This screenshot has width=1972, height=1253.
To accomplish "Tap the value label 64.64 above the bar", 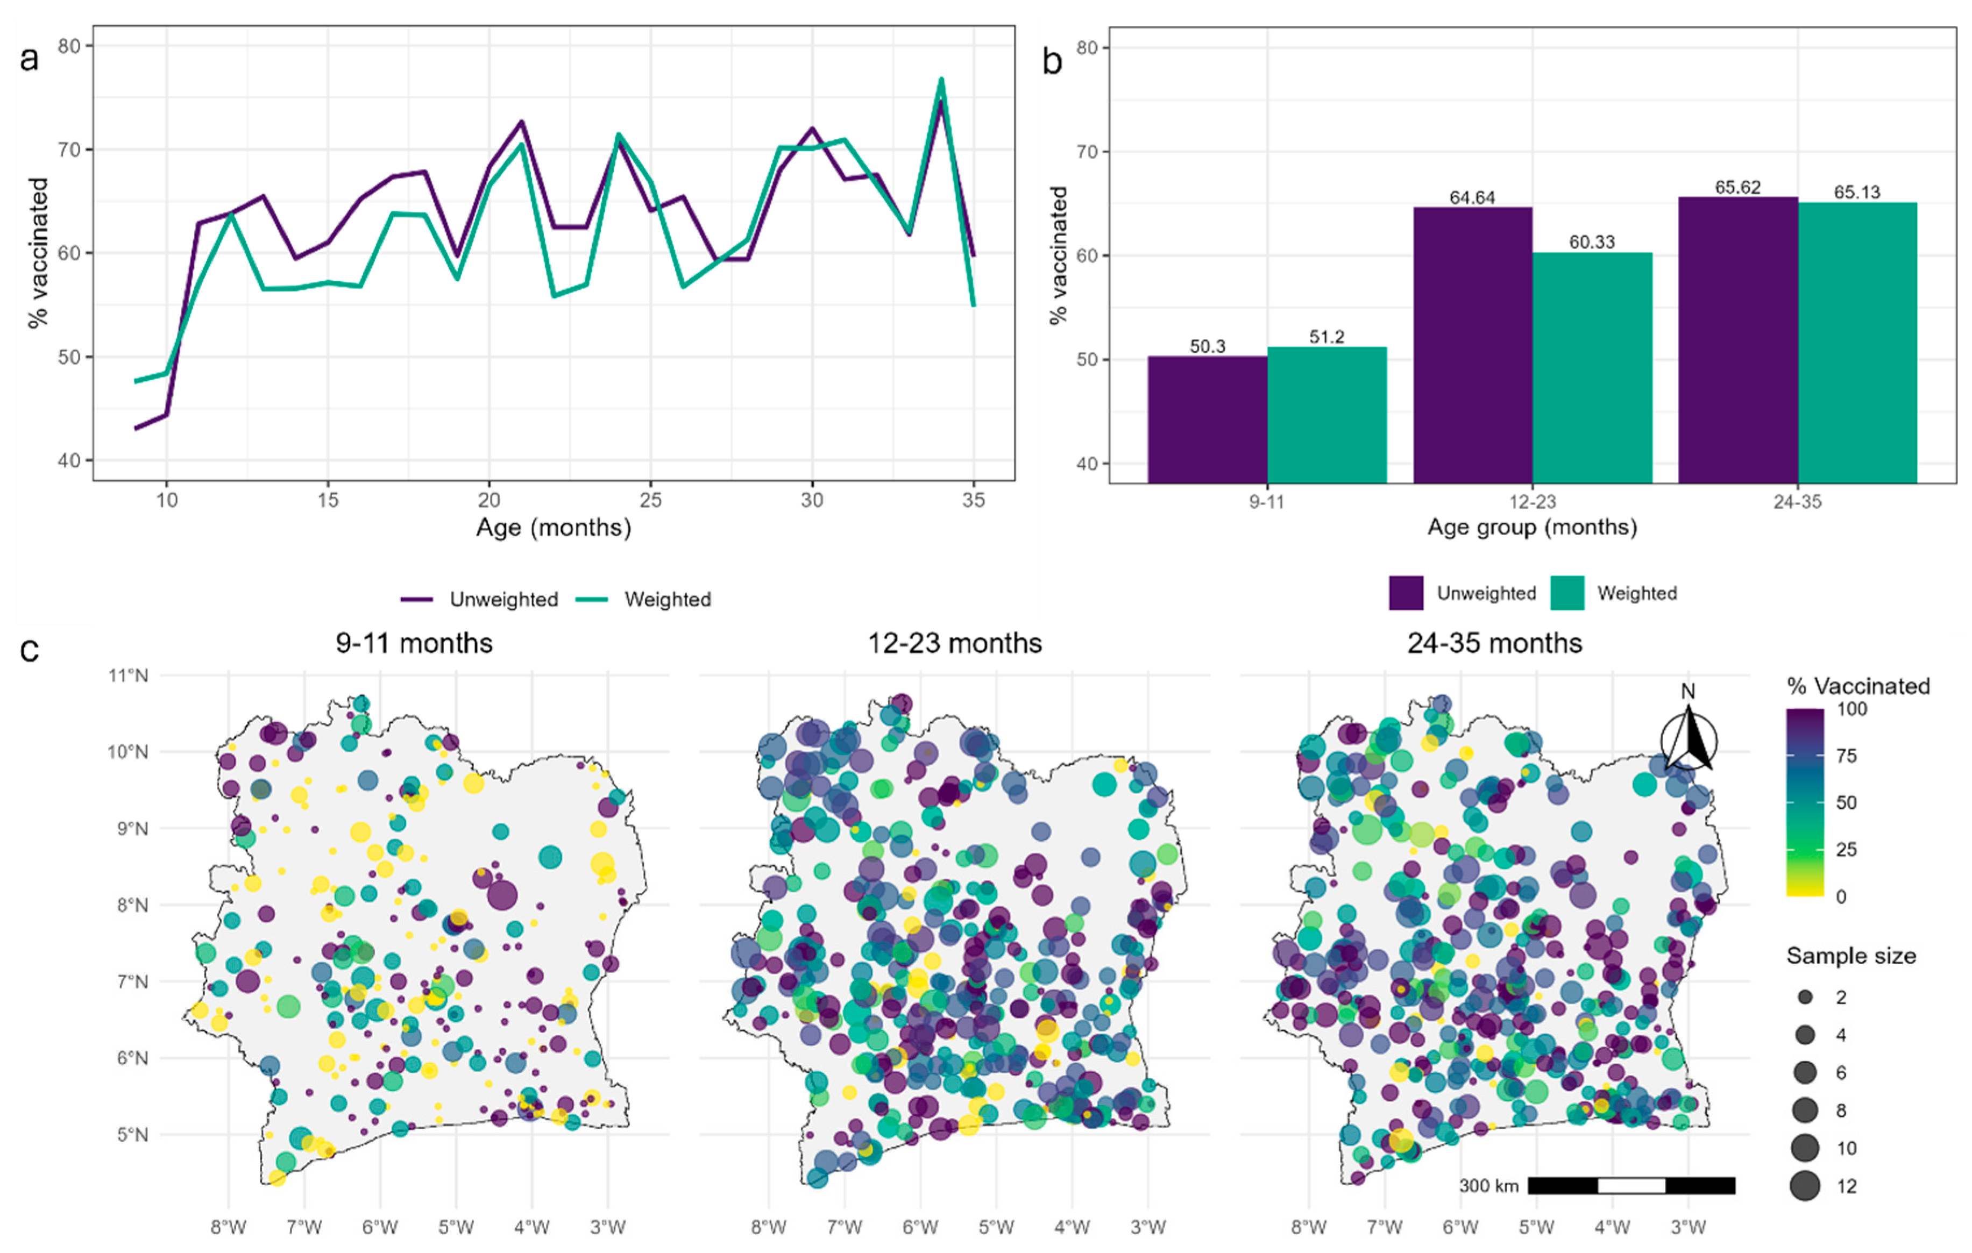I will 1472,197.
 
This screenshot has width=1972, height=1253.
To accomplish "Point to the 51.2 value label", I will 1326,337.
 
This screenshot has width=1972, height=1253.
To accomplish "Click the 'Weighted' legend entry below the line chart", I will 666,600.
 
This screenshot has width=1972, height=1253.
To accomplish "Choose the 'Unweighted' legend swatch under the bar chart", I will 1405,593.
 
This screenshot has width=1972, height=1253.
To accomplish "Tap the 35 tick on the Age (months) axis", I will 973,500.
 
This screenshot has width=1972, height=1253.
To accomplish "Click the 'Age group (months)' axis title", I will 1531,526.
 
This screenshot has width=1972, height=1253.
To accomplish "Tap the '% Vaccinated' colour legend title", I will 1857,686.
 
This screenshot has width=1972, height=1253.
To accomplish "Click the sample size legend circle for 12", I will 1804,1185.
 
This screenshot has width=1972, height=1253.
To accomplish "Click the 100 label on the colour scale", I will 1851,709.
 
